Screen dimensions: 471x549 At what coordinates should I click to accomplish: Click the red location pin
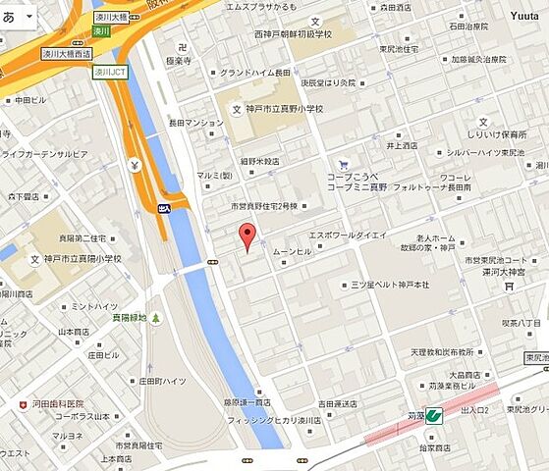coord(247,236)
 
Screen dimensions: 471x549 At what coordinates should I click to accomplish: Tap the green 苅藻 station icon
coord(433,416)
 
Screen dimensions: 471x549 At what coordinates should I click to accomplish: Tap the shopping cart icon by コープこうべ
coord(342,165)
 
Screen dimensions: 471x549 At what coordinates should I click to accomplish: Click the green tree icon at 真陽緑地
coord(154,319)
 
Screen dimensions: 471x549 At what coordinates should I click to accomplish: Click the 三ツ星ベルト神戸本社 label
coord(390,285)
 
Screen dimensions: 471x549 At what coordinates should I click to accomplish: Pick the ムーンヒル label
coord(292,251)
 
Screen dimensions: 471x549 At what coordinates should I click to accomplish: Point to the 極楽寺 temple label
coord(178,60)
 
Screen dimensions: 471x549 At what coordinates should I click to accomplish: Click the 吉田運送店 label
coord(339,402)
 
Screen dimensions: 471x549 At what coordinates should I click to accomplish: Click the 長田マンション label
coord(196,123)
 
